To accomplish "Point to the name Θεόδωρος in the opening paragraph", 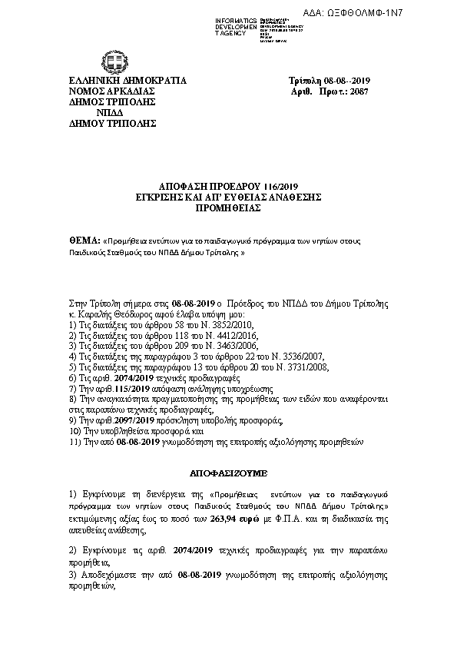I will pyautogui.click(x=124, y=315).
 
